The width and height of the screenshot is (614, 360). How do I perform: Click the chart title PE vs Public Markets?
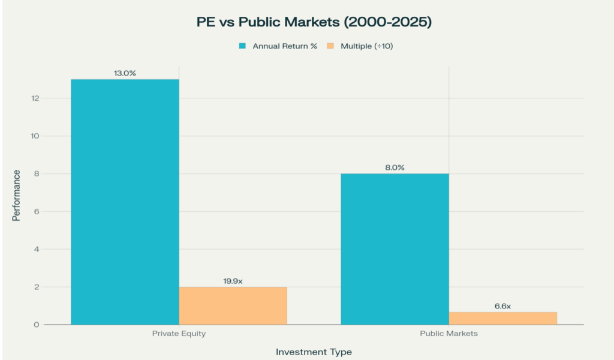tap(315, 23)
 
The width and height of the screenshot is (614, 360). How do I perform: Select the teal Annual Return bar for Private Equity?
tap(125, 202)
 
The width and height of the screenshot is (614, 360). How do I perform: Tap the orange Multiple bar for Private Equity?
tap(233, 305)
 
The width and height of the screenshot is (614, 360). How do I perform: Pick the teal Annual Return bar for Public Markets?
tap(395, 249)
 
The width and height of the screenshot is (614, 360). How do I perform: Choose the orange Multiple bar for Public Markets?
tap(502, 318)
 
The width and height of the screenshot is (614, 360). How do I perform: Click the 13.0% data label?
tap(125, 73)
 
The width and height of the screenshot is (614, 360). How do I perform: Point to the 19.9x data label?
tap(233, 281)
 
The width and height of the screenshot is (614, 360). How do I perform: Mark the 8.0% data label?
tap(395, 167)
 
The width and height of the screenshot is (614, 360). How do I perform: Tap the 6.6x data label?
tap(502, 306)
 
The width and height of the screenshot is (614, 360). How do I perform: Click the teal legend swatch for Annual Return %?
tap(242, 46)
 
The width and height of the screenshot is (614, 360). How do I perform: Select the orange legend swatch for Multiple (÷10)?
tap(330, 46)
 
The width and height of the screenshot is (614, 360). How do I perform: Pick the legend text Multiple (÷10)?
tap(366, 46)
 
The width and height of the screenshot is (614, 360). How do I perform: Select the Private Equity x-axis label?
tap(179, 334)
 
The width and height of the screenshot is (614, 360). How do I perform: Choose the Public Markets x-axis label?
tap(449, 334)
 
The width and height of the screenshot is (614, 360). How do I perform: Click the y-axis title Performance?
tap(16, 195)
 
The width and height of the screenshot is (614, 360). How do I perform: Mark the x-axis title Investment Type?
tap(314, 352)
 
